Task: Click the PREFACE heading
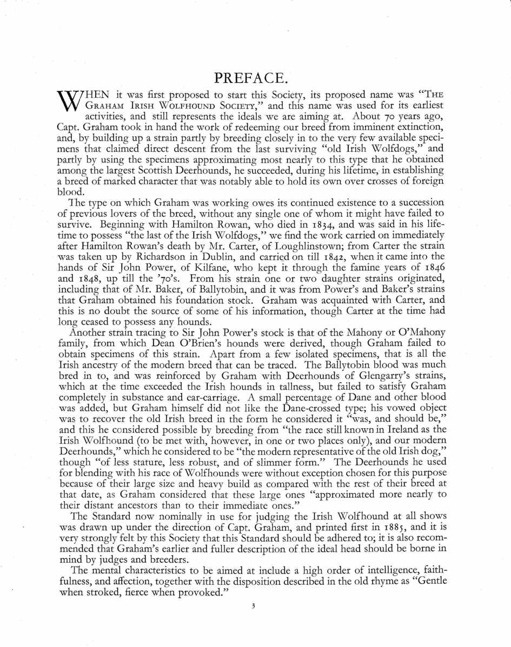pos(255,78)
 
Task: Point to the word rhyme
pos(370,582)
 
